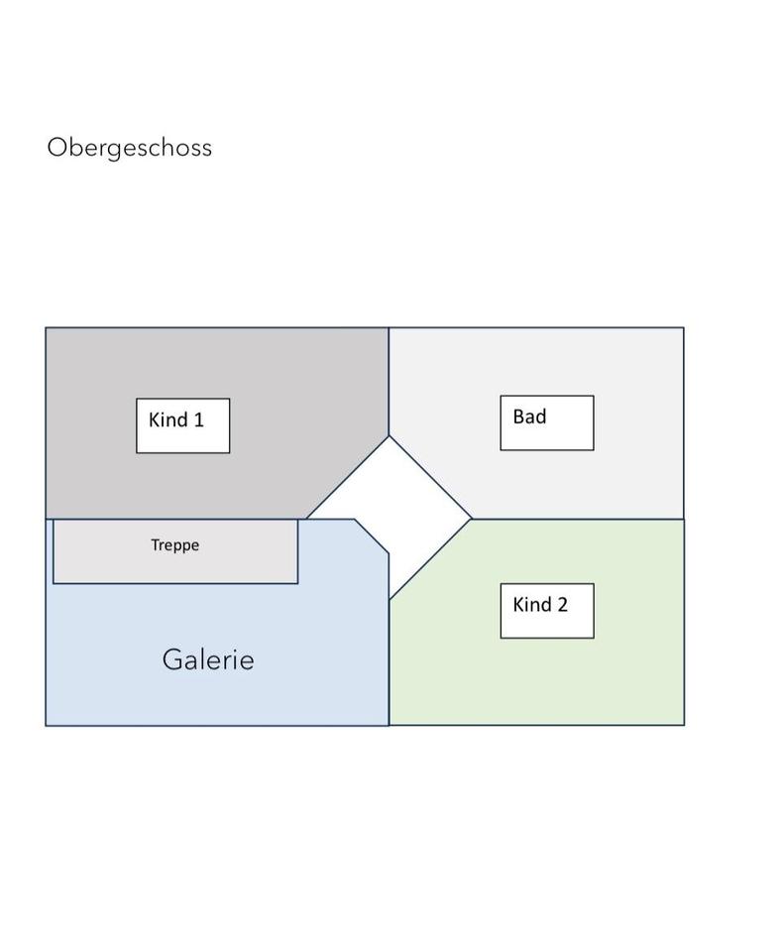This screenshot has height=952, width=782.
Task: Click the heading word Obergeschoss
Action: coord(129,148)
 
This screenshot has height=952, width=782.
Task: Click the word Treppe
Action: coord(174,544)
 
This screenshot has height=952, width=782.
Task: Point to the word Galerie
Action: coord(208,659)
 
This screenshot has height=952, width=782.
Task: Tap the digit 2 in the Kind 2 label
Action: coord(562,604)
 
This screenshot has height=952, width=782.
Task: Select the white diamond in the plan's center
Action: coord(390,517)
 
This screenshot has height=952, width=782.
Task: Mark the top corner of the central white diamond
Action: coord(389,435)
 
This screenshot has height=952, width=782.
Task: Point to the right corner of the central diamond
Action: coord(471,518)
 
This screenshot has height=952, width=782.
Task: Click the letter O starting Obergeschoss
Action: coord(56,148)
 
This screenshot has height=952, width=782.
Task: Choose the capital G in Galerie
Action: coord(172,659)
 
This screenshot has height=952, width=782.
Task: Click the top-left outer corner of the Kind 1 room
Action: coord(46,328)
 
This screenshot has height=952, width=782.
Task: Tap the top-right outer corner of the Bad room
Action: coord(684,328)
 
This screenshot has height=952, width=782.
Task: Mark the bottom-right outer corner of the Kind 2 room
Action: coord(684,725)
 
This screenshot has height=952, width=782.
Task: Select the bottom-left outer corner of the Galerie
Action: coord(46,725)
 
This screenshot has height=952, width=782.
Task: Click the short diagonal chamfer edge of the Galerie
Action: coord(372,535)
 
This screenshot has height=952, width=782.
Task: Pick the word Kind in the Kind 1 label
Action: coord(168,419)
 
